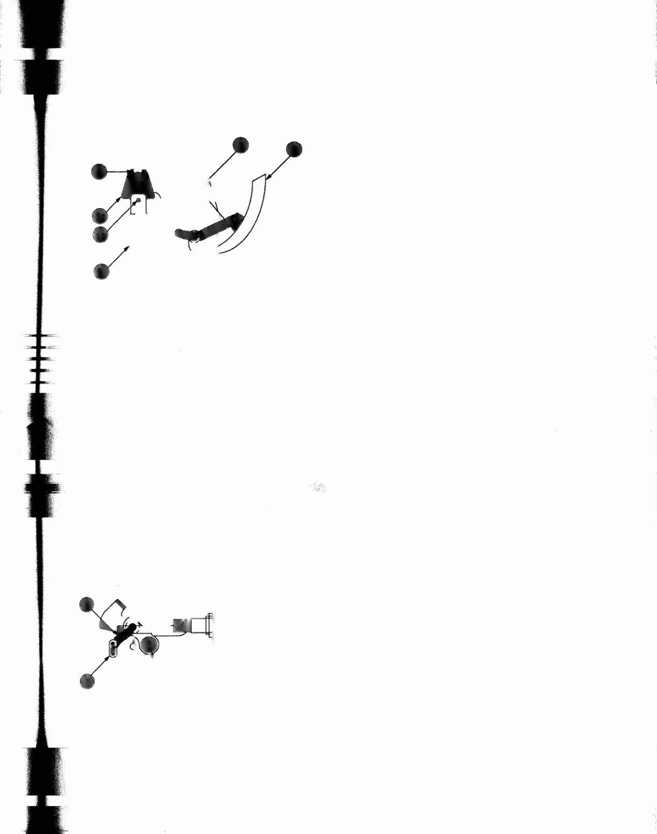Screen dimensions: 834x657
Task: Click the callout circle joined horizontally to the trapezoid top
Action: (x=99, y=172)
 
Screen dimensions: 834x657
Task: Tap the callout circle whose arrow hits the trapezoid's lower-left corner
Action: (x=100, y=216)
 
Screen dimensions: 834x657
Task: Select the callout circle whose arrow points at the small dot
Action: (x=101, y=235)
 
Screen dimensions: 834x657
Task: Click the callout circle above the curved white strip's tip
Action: (x=294, y=150)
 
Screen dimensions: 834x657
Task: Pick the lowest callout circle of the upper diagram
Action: (x=101, y=272)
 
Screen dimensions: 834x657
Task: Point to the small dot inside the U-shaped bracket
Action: (x=139, y=200)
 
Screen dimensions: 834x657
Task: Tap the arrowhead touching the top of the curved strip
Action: (x=269, y=175)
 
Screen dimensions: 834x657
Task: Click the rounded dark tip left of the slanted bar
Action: (x=183, y=234)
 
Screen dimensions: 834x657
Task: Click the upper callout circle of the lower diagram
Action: (x=87, y=604)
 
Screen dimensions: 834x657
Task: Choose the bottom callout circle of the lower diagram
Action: (x=87, y=681)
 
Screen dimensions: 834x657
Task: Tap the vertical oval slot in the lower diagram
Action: (x=113, y=649)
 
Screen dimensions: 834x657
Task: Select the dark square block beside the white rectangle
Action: (x=180, y=625)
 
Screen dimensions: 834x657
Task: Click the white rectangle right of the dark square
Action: (x=199, y=625)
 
